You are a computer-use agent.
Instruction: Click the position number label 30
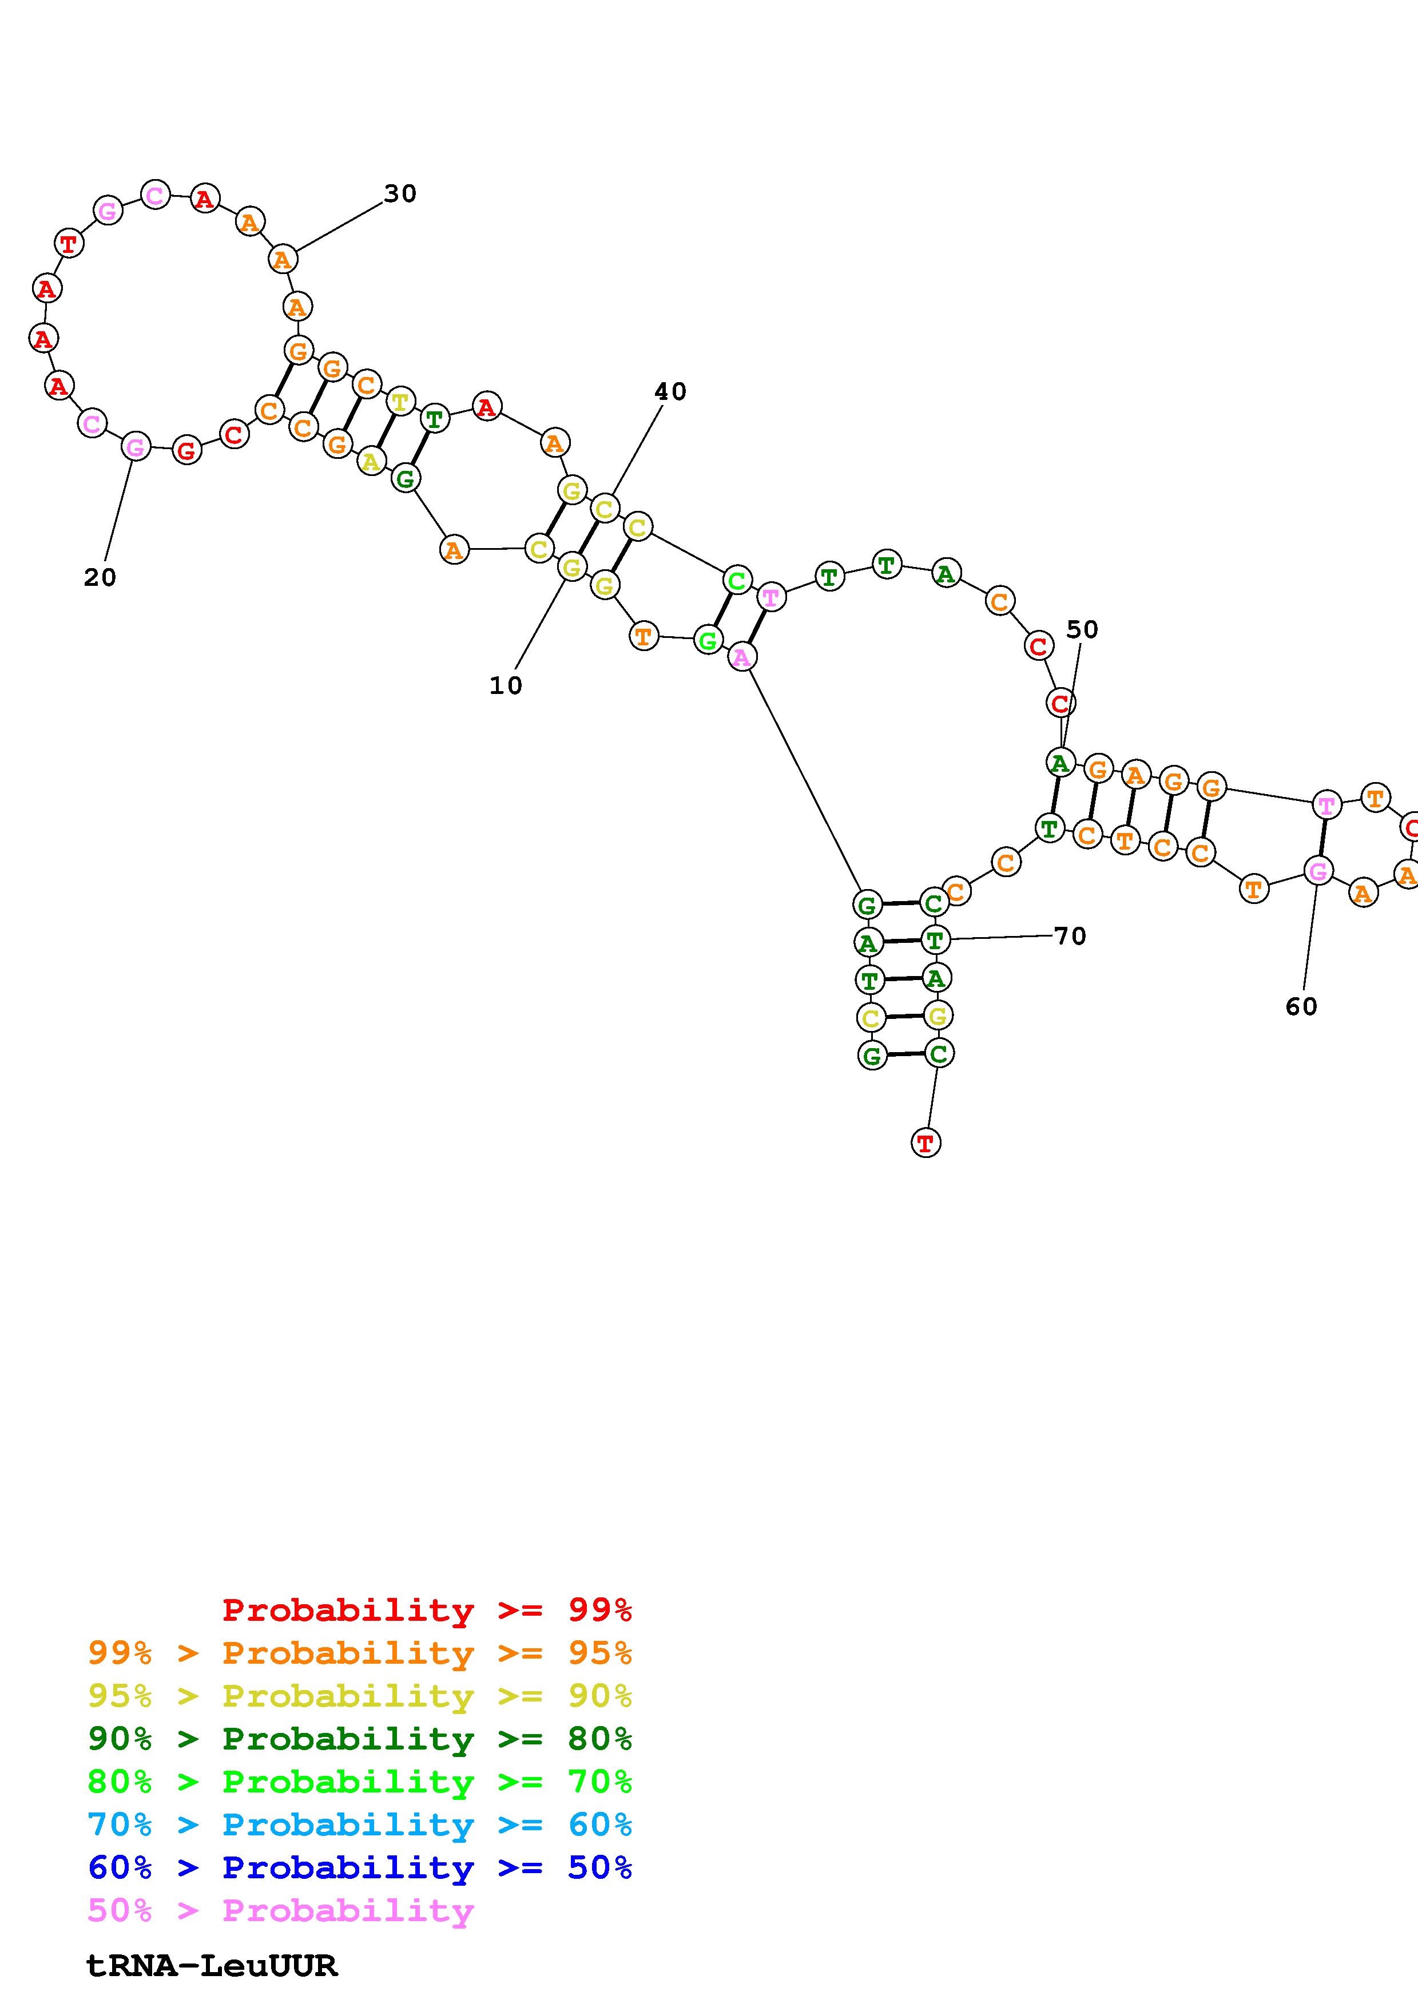[400, 194]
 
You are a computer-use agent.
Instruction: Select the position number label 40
[670, 391]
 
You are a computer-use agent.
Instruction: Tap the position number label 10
[506, 685]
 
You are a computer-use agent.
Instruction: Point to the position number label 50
[1082, 629]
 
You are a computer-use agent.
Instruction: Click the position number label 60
[1301, 1007]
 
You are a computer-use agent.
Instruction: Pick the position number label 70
[1070, 936]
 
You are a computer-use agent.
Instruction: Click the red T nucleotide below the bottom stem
[926, 1143]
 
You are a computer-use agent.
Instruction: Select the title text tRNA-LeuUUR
[212, 1966]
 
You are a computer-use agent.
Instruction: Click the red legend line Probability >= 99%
[427, 1610]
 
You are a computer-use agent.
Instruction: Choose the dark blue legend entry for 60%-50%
[360, 1868]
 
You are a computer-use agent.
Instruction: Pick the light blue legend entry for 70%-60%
[360, 1825]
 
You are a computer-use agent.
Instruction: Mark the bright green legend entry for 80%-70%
[360, 1782]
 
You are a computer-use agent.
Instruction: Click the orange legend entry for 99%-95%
[360, 1653]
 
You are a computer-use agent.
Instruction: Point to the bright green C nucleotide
[737, 581]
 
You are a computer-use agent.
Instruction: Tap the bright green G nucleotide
[708, 641]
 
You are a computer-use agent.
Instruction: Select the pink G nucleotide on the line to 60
[1317, 871]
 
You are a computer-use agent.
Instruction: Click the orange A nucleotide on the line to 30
[282, 260]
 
